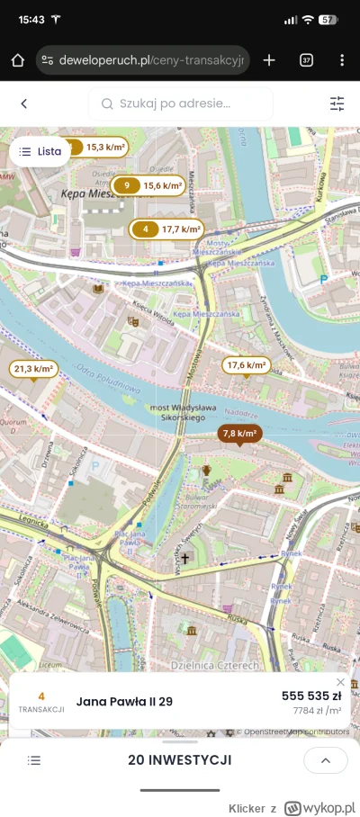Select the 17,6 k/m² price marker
coord(247,364)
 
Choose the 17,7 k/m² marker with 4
coord(166,229)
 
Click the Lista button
coord(40,152)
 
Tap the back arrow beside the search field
coord(24,104)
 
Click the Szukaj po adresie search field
coord(180,104)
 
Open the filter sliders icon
coord(337,104)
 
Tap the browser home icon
coord(17,60)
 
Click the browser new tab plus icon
coord(269,60)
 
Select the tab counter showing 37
coord(306,60)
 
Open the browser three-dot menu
coord(342,60)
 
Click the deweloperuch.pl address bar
coord(144,60)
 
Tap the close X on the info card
coord(340,682)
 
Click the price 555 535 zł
coord(310,696)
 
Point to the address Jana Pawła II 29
coord(125,702)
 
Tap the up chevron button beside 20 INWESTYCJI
coord(325,760)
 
